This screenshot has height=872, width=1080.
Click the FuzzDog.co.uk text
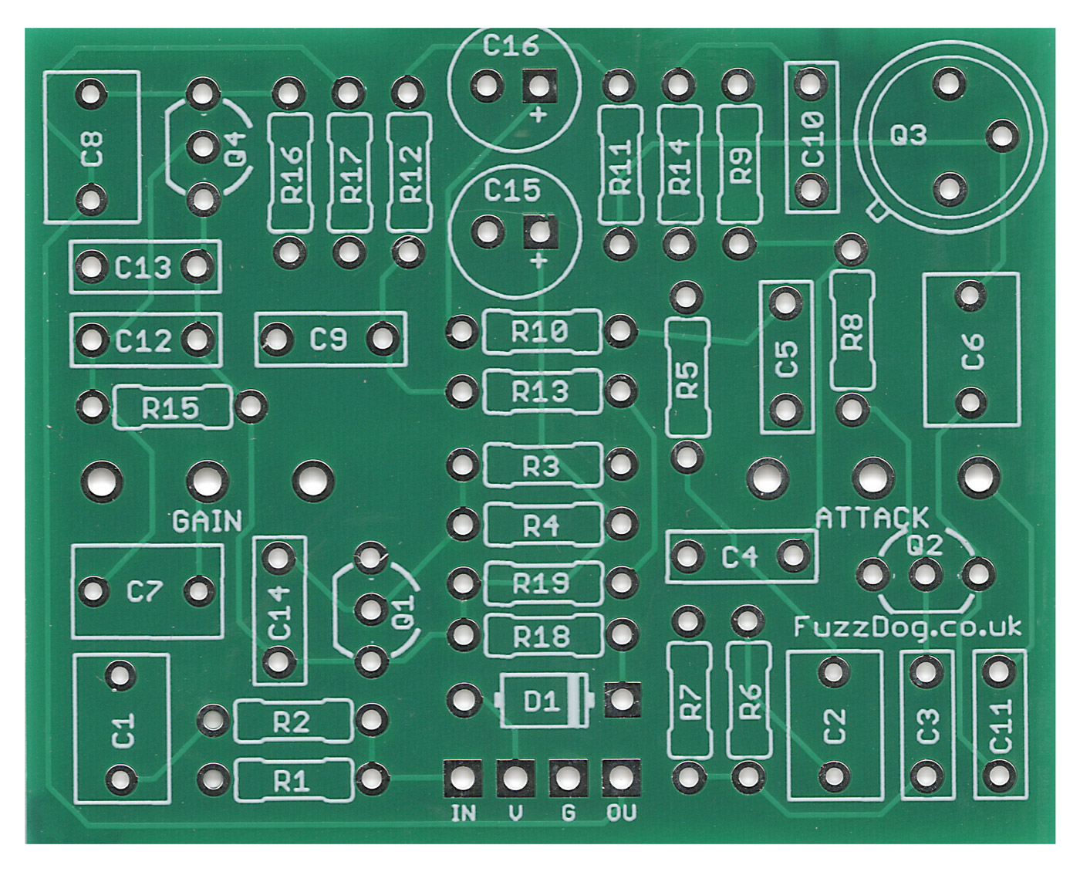907,627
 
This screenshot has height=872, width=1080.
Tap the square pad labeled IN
463,777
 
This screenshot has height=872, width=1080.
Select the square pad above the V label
515,777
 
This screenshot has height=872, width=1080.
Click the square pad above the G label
569,777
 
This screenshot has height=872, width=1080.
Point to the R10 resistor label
540,333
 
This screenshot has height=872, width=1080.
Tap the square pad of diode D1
622,700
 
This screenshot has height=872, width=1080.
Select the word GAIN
207,522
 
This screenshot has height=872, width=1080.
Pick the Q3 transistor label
908,136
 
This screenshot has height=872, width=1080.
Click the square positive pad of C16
539,86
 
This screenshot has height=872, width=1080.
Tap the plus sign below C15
539,261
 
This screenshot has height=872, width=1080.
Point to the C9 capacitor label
329,339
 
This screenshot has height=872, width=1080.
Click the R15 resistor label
170,407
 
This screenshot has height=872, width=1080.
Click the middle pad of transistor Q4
203,147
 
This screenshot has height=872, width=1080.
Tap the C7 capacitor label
144,593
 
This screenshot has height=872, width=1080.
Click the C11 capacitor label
1001,725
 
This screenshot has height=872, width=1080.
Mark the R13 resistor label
540,392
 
